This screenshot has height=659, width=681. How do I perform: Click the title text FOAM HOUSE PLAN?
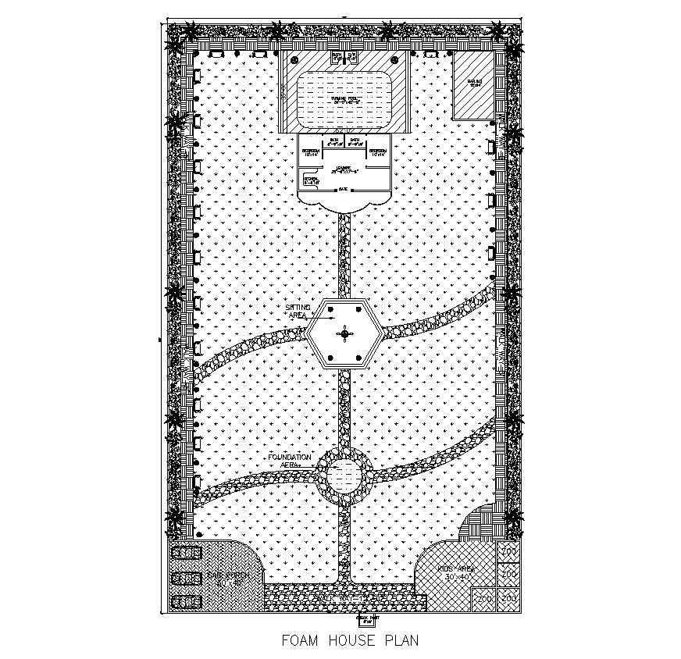click(x=350, y=641)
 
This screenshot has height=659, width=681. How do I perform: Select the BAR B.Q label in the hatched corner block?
click(x=474, y=82)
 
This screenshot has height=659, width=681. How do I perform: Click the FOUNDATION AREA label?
click(x=289, y=459)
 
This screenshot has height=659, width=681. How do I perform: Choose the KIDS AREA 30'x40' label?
click(x=456, y=572)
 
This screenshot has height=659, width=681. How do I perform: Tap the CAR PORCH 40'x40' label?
click(x=228, y=578)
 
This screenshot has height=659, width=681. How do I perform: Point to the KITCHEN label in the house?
click(x=311, y=180)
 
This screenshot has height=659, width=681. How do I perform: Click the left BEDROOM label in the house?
click(x=310, y=151)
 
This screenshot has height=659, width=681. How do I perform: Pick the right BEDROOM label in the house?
click(x=378, y=151)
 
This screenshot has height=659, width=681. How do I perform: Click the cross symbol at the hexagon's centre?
click(x=344, y=335)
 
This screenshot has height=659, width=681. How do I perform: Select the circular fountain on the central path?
click(x=343, y=475)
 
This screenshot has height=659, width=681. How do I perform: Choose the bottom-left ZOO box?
click(x=484, y=599)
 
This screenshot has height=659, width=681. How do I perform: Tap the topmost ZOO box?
click(x=509, y=552)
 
